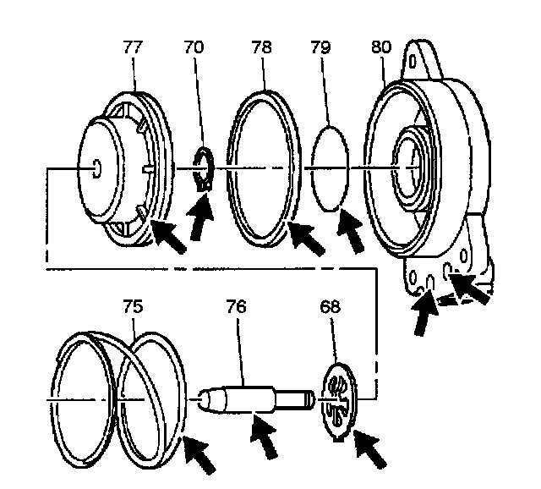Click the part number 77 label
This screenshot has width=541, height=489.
(x=134, y=48)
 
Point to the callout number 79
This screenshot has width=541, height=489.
(x=322, y=48)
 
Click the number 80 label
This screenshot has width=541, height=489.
(x=380, y=48)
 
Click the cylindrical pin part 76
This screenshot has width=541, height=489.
(x=254, y=395)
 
